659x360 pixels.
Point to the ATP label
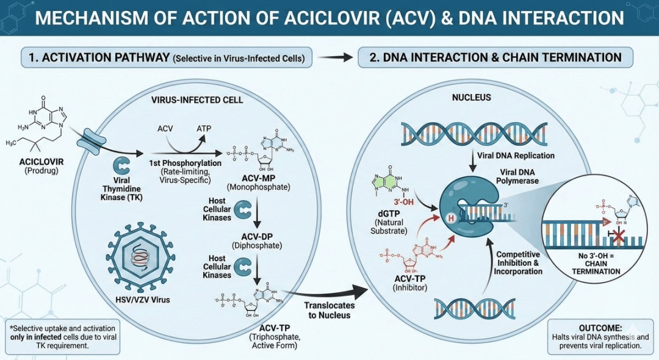coord(203,129)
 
